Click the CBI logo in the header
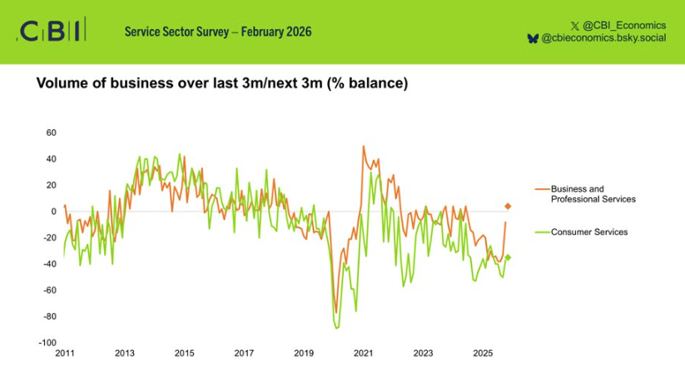pyautogui.click(x=50, y=32)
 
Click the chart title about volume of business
pyautogui.click(x=221, y=84)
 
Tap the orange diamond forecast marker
pyautogui.click(x=508, y=206)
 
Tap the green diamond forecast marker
pyautogui.click(x=508, y=257)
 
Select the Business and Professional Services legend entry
pyautogui.click(x=593, y=194)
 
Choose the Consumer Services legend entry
pyautogui.click(x=588, y=232)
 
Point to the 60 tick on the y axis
pyautogui.click(x=51, y=132)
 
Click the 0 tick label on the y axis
pyautogui.click(x=53, y=212)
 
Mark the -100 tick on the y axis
pyautogui.click(x=47, y=342)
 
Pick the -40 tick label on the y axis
pyautogui.click(x=49, y=264)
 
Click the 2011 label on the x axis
pyautogui.click(x=65, y=354)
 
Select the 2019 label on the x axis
pyautogui.click(x=304, y=354)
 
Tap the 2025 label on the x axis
pyautogui.click(x=483, y=354)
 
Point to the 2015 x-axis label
pyautogui.click(x=184, y=354)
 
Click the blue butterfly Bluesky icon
pyautogui.click(x=533, y=38)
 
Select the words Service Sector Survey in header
pyautogui.click(x=176, y=32)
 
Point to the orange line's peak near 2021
pyautogui.click(x=364, y=147)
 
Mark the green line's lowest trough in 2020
pyautogui.click(x=337, y=327)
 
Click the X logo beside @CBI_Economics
pyautogui.click(x=576, y=25)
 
